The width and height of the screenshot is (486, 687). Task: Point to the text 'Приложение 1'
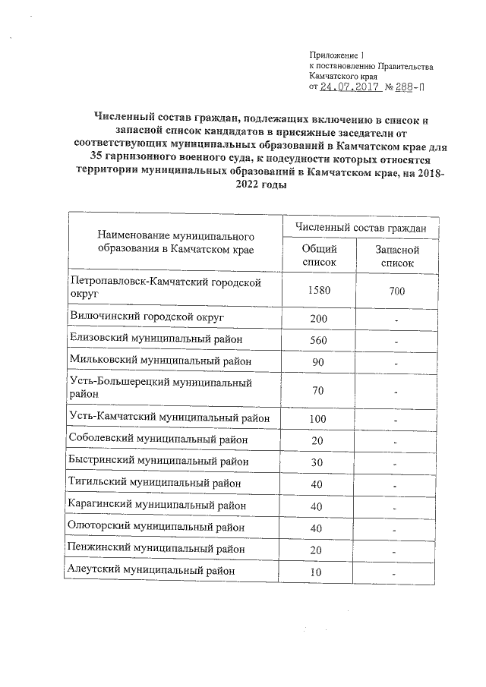click(x=337, y=55)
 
